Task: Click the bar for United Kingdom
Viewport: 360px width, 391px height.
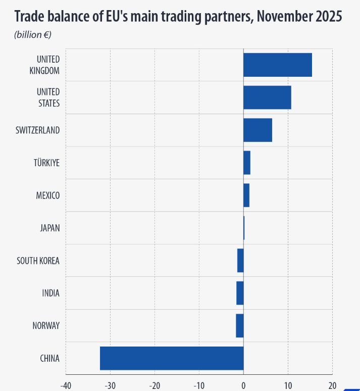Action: [x=277, y=65]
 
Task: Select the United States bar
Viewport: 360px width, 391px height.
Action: [x=267, y=97]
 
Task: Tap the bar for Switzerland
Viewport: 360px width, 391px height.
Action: [x=258, y=130]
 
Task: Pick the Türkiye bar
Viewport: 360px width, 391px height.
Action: [x=247, y=163]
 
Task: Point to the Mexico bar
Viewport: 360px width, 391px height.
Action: [x=246, y=195]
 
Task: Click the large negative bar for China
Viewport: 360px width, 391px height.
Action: [x=172, y=358]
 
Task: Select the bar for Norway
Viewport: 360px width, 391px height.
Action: [x=240, y=325]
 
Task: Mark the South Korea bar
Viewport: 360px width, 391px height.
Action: [x=240, y=260]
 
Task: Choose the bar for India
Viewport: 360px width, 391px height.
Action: [x=240, y=293]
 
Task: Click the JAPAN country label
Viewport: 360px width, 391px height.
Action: [x=50, y=228]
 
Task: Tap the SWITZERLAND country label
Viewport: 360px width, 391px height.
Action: [x=38, y=130]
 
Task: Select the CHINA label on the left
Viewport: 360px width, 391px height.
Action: [x=49, y=359]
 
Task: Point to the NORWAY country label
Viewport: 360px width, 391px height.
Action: [x=46, y=326]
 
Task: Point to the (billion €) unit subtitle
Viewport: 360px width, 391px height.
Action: [x=33, y=35]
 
